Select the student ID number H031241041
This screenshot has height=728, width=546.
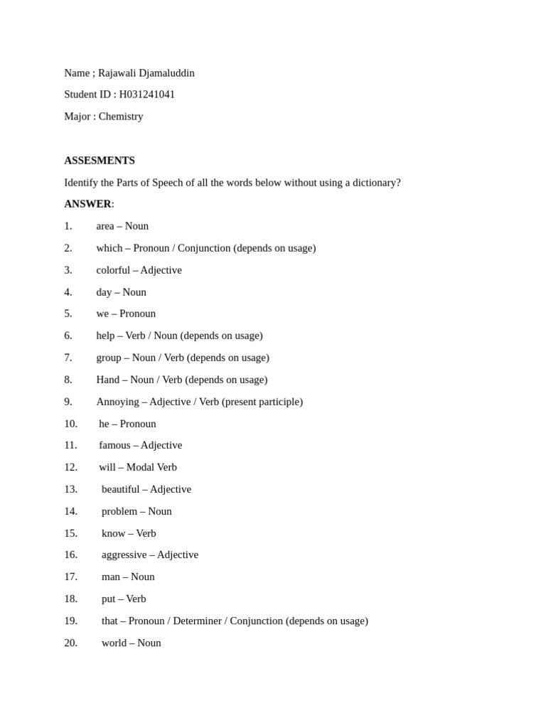146,95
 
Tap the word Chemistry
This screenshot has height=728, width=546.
121,117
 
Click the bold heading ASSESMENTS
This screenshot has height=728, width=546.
100,161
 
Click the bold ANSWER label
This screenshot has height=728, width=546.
87,204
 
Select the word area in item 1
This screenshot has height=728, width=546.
105,226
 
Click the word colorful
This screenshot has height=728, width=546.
113,270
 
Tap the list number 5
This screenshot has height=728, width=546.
68,314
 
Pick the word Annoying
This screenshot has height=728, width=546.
117,402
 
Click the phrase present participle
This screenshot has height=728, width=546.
262,402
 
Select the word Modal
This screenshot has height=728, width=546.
140,467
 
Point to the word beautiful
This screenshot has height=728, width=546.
120,489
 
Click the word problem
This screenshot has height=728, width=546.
119,511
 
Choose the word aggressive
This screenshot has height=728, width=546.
124,555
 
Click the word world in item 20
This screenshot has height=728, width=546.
114,643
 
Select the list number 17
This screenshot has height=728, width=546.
70,577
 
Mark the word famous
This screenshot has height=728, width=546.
114,445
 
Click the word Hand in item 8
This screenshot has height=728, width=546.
107,380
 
